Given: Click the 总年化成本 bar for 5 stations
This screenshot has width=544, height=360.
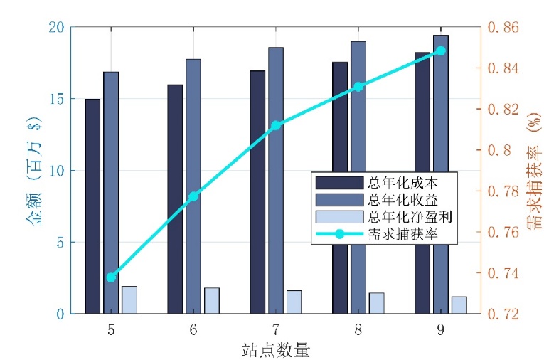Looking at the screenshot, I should (92, 206).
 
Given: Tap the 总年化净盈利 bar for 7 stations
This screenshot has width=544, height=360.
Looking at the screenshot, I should (294, 302).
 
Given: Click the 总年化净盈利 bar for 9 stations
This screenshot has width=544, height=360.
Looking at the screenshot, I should (459, 305).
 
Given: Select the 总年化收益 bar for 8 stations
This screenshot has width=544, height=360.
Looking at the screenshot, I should (358, 178).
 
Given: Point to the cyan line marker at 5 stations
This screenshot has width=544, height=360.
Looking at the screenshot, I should (111, 277).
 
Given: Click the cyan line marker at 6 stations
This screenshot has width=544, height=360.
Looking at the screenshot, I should (193, 196).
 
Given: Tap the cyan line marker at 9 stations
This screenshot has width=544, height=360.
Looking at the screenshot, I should (440, 51).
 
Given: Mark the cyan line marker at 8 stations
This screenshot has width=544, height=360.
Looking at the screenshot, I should (358, 86).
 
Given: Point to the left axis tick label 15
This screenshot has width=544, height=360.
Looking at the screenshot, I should (58, 99).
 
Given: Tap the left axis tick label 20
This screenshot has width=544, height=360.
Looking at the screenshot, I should (58, 27).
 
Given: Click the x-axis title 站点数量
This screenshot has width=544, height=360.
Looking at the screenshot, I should (276, 349).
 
